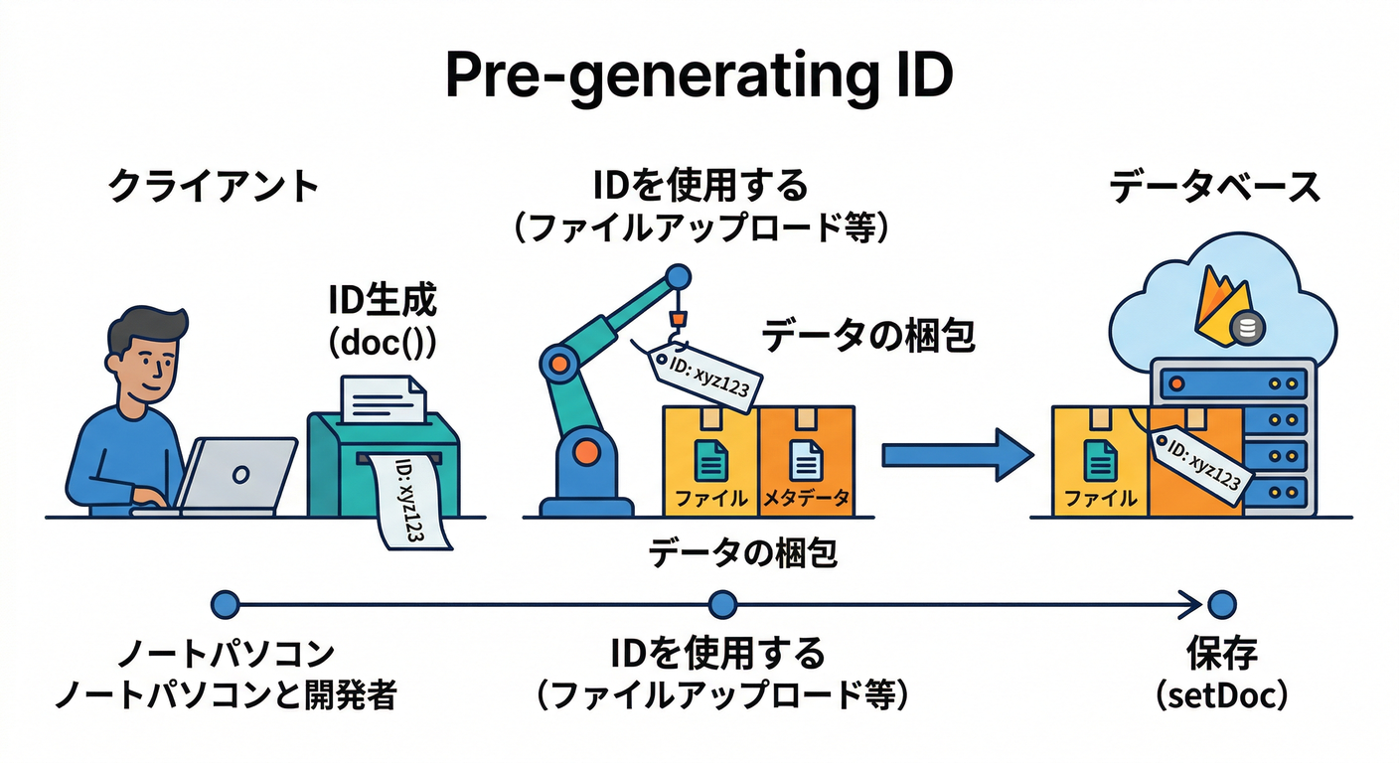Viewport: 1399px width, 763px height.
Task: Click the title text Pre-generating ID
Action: pos(699,77)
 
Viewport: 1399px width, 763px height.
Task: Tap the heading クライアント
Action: pos(213,187)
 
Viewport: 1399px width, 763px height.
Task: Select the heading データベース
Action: pos(1214,187)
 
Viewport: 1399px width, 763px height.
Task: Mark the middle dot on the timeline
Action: pos(722,603)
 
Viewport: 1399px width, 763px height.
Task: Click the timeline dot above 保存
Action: pos(1222,603)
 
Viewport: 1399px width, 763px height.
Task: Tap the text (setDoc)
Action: pos(1222,694)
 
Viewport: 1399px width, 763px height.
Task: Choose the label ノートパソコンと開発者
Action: pos(226,694)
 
